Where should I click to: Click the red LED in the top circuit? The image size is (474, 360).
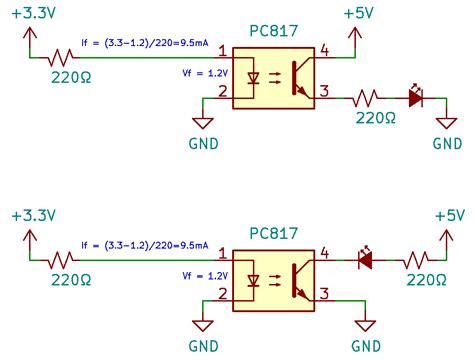pos(415,98)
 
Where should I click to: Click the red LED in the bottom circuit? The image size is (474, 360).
pos(365,259)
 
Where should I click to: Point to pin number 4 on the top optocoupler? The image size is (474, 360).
pos(323,50)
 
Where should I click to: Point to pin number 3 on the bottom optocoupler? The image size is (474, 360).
pos(323,292)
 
